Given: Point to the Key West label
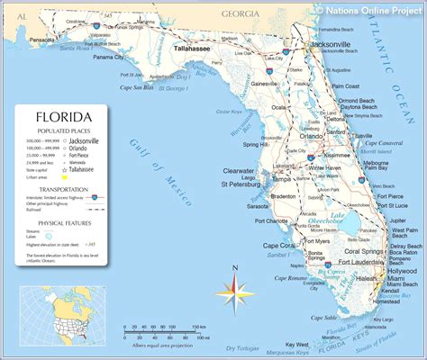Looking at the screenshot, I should pos(297,345).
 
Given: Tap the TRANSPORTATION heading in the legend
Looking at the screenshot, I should pos(62,190).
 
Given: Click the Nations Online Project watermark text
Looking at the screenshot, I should pos(370,9).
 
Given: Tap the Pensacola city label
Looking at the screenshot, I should pos(42,40).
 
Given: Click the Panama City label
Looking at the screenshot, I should pos(107,58).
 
